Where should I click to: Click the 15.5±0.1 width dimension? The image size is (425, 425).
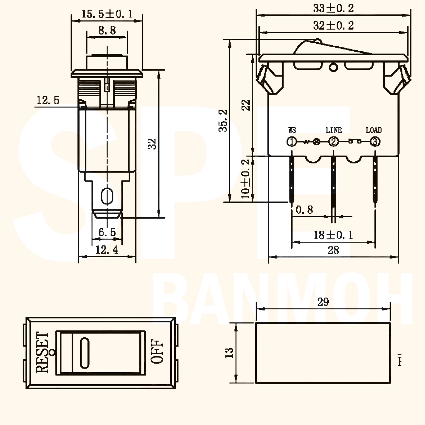tap(107, 14)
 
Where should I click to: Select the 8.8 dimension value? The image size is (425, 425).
tap(107, 30)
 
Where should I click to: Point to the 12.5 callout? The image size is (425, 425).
tap(48, 100)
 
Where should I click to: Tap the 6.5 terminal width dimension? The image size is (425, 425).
tap(107, 232)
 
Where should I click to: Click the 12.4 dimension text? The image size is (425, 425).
tap(107, 250)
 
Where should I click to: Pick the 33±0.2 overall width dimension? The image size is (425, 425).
tap(333, 8)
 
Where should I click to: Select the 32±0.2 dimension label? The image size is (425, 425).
tap(333, 26)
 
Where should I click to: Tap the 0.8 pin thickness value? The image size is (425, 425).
tap(304, 210)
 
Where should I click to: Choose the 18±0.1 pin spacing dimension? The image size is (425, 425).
tap(333, 235)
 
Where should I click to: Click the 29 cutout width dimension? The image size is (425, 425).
tap(323, 302)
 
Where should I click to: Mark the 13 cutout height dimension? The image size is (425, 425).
tap(229, 353)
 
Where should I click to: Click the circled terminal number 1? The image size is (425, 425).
tap(292, 141)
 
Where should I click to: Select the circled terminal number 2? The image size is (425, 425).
tap(333, 141)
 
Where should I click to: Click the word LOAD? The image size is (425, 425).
tap(374, 130)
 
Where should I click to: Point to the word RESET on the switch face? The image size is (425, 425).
tap(42, 353)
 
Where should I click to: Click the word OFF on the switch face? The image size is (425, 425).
tap(157, 351)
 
